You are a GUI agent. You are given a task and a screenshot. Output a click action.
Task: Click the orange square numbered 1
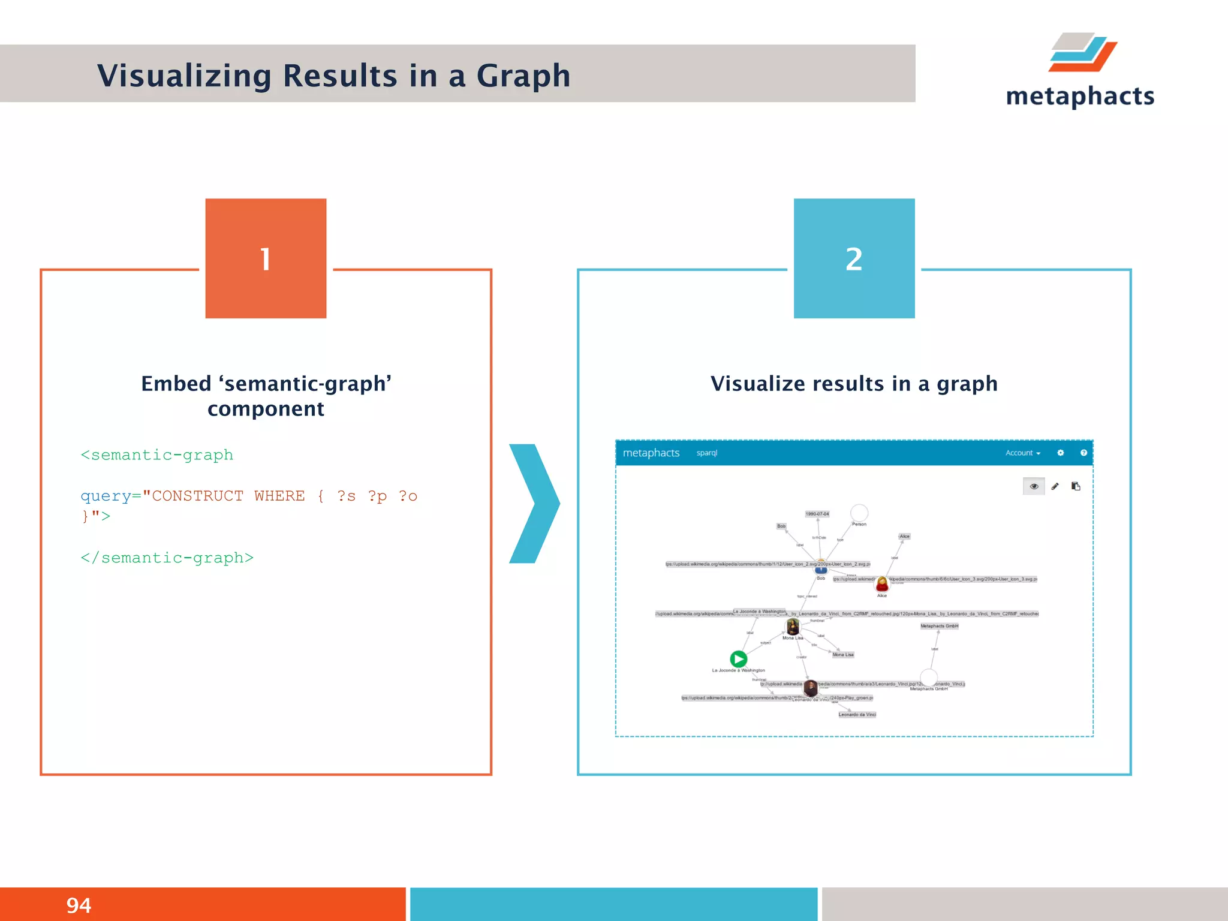(266, 258)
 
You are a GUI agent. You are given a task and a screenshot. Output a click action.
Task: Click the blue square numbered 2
(854, 258)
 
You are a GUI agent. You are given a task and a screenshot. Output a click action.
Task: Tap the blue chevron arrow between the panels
(534, 503)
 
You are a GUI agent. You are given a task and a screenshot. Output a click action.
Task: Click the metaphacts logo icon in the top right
(1082, 53)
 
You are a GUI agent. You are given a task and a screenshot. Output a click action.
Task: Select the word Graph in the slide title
(523, 76)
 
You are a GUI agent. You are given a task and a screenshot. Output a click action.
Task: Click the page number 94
(79, 905)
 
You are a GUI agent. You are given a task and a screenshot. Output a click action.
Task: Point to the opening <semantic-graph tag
(157, 455)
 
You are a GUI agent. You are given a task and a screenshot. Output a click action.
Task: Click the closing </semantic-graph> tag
(167, 558)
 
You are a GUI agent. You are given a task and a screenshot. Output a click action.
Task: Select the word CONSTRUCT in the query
(198, 496)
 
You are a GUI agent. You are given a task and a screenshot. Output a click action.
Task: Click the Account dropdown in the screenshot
(1022, 453)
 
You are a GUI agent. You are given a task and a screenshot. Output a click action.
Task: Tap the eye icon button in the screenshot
(1034, 486)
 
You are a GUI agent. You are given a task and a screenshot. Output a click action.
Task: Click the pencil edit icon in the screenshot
(1055, 486)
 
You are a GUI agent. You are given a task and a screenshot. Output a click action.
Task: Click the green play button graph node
(738, 659)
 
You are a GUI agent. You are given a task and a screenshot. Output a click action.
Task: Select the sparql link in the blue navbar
(706, 453)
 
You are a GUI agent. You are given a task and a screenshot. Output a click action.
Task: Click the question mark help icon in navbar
(1083, 453)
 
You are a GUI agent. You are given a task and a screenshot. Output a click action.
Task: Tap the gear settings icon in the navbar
(1060, 453)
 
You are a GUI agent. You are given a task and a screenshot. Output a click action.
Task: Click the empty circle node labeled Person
(859, 513)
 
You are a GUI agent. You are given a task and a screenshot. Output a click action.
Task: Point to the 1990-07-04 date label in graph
(817, 514)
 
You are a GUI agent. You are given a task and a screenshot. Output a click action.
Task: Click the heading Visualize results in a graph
(854, 384)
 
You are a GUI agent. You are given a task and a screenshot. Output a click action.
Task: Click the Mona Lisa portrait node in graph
(793, 627)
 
